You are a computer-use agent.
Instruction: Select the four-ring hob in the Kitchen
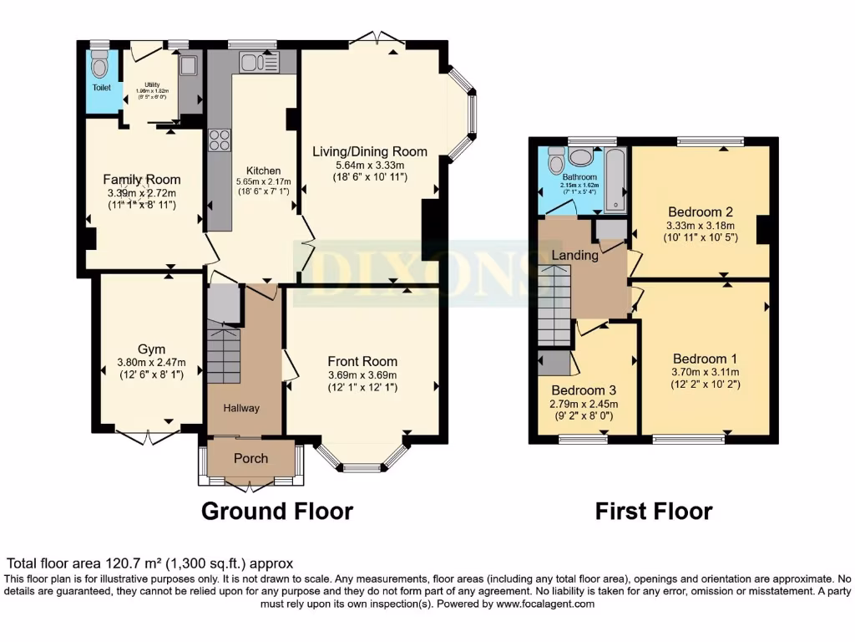coord(220,140)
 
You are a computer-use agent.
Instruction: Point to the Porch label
coord(250,458)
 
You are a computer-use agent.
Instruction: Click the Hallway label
coord(240,408)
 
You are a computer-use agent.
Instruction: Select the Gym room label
coord(151,349)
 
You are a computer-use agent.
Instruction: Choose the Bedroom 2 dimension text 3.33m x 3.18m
coord(700,226)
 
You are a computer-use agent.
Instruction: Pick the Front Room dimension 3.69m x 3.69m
coord(362,374)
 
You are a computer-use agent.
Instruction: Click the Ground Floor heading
coord(277,511)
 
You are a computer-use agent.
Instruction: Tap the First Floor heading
coord(653,511)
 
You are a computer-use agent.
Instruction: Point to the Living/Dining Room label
coord(370,151)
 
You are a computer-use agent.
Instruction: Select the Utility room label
coord(152,84)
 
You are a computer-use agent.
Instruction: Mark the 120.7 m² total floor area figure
coord(122,564)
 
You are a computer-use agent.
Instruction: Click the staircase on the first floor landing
coord(554,305)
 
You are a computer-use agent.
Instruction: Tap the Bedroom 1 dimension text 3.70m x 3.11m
coord(706,372)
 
